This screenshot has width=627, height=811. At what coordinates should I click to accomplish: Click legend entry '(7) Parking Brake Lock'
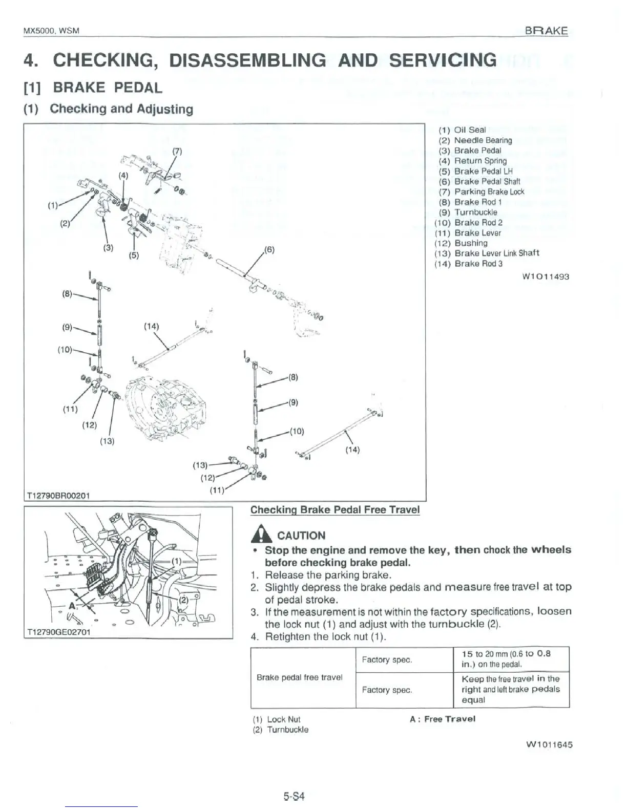pos(482,191)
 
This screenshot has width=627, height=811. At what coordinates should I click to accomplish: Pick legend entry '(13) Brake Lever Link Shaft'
pos(487,253)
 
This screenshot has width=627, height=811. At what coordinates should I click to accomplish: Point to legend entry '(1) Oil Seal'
pos(462,130)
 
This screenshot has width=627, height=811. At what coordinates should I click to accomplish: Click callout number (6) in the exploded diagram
pos(269,250)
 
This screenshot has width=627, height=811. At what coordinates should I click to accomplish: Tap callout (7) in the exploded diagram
pos(177,151)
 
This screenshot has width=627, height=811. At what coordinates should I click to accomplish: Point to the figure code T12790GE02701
pos(58,632)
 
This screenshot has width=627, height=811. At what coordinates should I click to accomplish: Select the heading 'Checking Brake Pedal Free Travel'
pos(335,510)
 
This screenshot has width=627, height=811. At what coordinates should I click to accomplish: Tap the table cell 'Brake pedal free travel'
pos(299,677)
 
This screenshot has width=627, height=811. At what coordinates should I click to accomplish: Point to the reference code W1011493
pos(546,276)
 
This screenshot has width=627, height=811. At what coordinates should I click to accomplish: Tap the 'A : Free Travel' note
pos(443,719)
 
